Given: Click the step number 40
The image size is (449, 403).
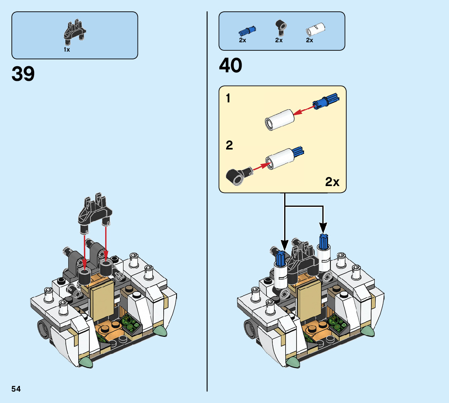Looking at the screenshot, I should (x=230, y=65).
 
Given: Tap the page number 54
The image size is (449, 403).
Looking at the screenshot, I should (x=16, y=389).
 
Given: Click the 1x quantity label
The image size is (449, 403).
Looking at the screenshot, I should (x=67, y=50).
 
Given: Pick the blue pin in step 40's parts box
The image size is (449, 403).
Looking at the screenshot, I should (x=247, y=30).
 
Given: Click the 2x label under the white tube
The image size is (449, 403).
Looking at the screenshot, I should (x=309, y=40).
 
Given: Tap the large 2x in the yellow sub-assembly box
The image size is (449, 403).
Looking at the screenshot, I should (x=332, y=182).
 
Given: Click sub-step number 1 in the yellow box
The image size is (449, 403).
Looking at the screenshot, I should (x=229, y=98).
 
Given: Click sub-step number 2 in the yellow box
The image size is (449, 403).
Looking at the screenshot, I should (x=229, y=145).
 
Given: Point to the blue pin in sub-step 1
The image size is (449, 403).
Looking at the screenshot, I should (x=328, y=100).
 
